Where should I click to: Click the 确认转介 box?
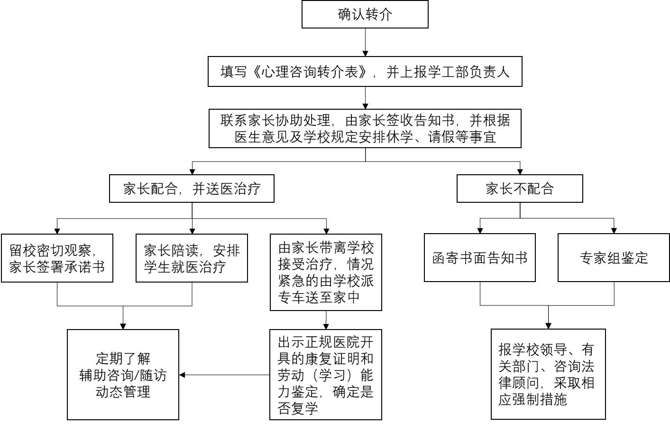tap(365, 14)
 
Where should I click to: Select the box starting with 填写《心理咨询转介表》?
tap(365, 72)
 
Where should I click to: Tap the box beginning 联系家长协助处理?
tap(365, 129)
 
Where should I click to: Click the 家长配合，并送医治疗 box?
tap(192, 189)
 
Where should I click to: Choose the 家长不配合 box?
tap(520, 189)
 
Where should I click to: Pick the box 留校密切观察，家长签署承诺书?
tap(57, 258)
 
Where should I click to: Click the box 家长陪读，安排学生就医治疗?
tap(192, 258)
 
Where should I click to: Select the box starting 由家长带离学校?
tap(326, 272)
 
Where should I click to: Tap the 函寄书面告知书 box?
tap(480, 257)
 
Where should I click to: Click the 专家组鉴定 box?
tap(614, 257)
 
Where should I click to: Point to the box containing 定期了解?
tap(123, 375)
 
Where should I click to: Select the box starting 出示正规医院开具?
tap(326, 375)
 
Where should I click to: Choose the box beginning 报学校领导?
tap(548, 374)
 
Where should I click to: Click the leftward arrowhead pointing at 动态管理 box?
tap(182, 375)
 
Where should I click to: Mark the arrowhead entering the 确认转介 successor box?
tap(365, 54)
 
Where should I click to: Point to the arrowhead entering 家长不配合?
tap(520, 171)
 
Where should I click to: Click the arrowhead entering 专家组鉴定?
tap(614, 231)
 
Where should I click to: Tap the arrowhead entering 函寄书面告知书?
tap(480, 231)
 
